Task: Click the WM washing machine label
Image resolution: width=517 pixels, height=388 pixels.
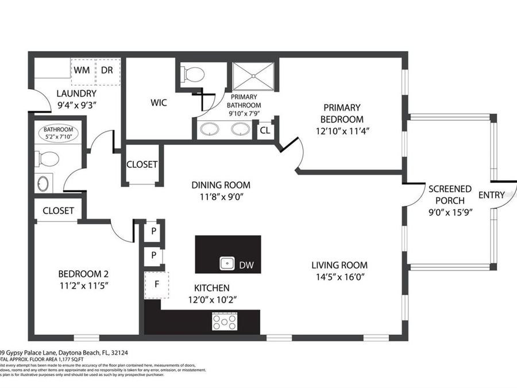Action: [x=81, y=70]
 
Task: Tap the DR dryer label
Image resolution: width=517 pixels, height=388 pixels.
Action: [x=107, y=70]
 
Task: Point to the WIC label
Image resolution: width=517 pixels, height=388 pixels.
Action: [x=159, y=103]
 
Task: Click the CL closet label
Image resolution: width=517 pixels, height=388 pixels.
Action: [x=265, y=129]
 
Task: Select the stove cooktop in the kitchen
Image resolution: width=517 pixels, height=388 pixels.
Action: [x=225, y=320]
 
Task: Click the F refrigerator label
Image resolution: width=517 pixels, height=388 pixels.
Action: [x=156, y=285]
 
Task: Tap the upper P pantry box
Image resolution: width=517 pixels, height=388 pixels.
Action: [x=154, y=231]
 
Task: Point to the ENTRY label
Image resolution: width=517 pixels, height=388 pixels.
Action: [x=491, y=195]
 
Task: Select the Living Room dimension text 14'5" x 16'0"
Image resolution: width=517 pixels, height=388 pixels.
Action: [x=339, y=276]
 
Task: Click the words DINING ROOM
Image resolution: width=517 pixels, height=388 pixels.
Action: [x=221, y=185]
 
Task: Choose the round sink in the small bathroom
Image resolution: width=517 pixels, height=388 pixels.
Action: [x=44, y=184]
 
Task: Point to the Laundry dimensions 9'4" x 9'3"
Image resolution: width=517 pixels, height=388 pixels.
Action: [x=76, y=105]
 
